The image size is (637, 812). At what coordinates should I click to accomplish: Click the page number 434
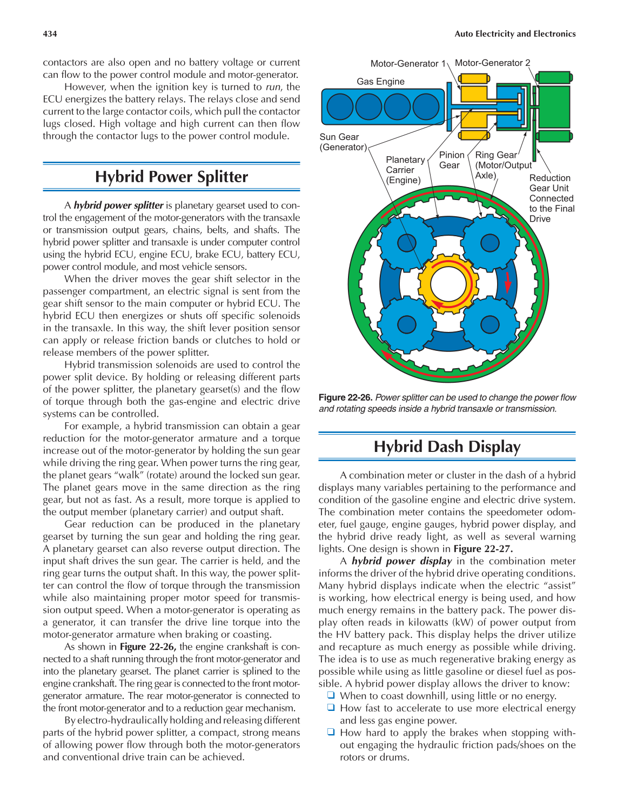pyautogui.click(x=50, y=34)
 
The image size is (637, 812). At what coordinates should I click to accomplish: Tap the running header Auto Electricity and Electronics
pyautogui.click(x=515, y=34)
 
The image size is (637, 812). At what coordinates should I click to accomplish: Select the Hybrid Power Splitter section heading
pyautogui.click(x=171, y=177)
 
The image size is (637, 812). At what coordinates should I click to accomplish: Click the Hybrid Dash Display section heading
pyautogui.click(x=447, y=447)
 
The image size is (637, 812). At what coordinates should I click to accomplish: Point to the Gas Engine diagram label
pyautogui.click(x=380, y=82)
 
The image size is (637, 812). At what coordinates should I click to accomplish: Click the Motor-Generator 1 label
pyautogui.click(x=408, y=64)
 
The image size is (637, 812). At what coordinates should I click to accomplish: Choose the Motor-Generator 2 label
pyautogui.click(x=492, y=63)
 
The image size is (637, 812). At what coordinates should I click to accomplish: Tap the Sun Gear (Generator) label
pyautogui.click(x=343, y=142)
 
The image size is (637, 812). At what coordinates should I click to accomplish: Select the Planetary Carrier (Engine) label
pyautogui.click(x=404, y=170)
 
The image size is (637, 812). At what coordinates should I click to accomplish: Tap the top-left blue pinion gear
pyautogui.click(x=406, y=243)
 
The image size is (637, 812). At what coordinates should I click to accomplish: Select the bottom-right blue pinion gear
pyautogui.click(x=490, y=324)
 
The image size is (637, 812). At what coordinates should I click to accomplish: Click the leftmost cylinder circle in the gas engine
pyautogui.click(x=340, y=107)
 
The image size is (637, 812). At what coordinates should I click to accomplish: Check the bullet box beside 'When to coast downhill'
pyautogui.click(x=331, y=696)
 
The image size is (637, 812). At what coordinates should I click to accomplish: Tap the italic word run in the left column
pyautogui.click(x=273, y=87)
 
